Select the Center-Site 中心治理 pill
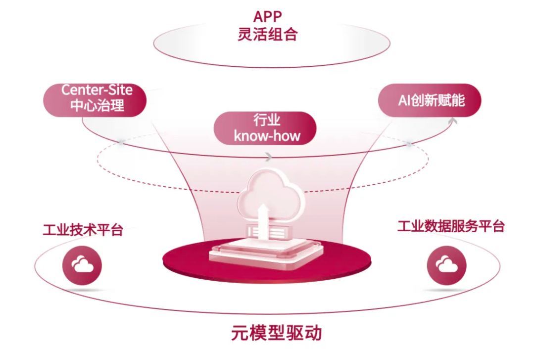[x=97, y=98]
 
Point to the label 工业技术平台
[x=83, y=230]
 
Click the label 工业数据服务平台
[x=450, y=226]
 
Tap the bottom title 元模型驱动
[x=276, y=333]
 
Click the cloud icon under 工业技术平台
[x=82, y=266]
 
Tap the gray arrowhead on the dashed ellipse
[x=268, y=157]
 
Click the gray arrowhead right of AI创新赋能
[x=453, y=120]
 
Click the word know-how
[x=267, y=136]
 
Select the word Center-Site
[x=97, y=90]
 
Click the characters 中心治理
[x=97, y=105]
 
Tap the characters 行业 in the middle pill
[x=267, y=120]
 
